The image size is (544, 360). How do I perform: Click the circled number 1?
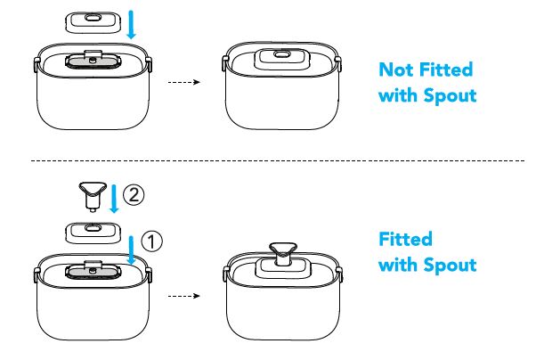(154, 240)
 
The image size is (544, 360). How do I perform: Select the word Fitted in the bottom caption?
(405, 240)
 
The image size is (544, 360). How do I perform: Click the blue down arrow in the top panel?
(131, 24)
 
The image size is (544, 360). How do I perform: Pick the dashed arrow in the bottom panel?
(181, 295)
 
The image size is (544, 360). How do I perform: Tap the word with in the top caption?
(399, 95)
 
